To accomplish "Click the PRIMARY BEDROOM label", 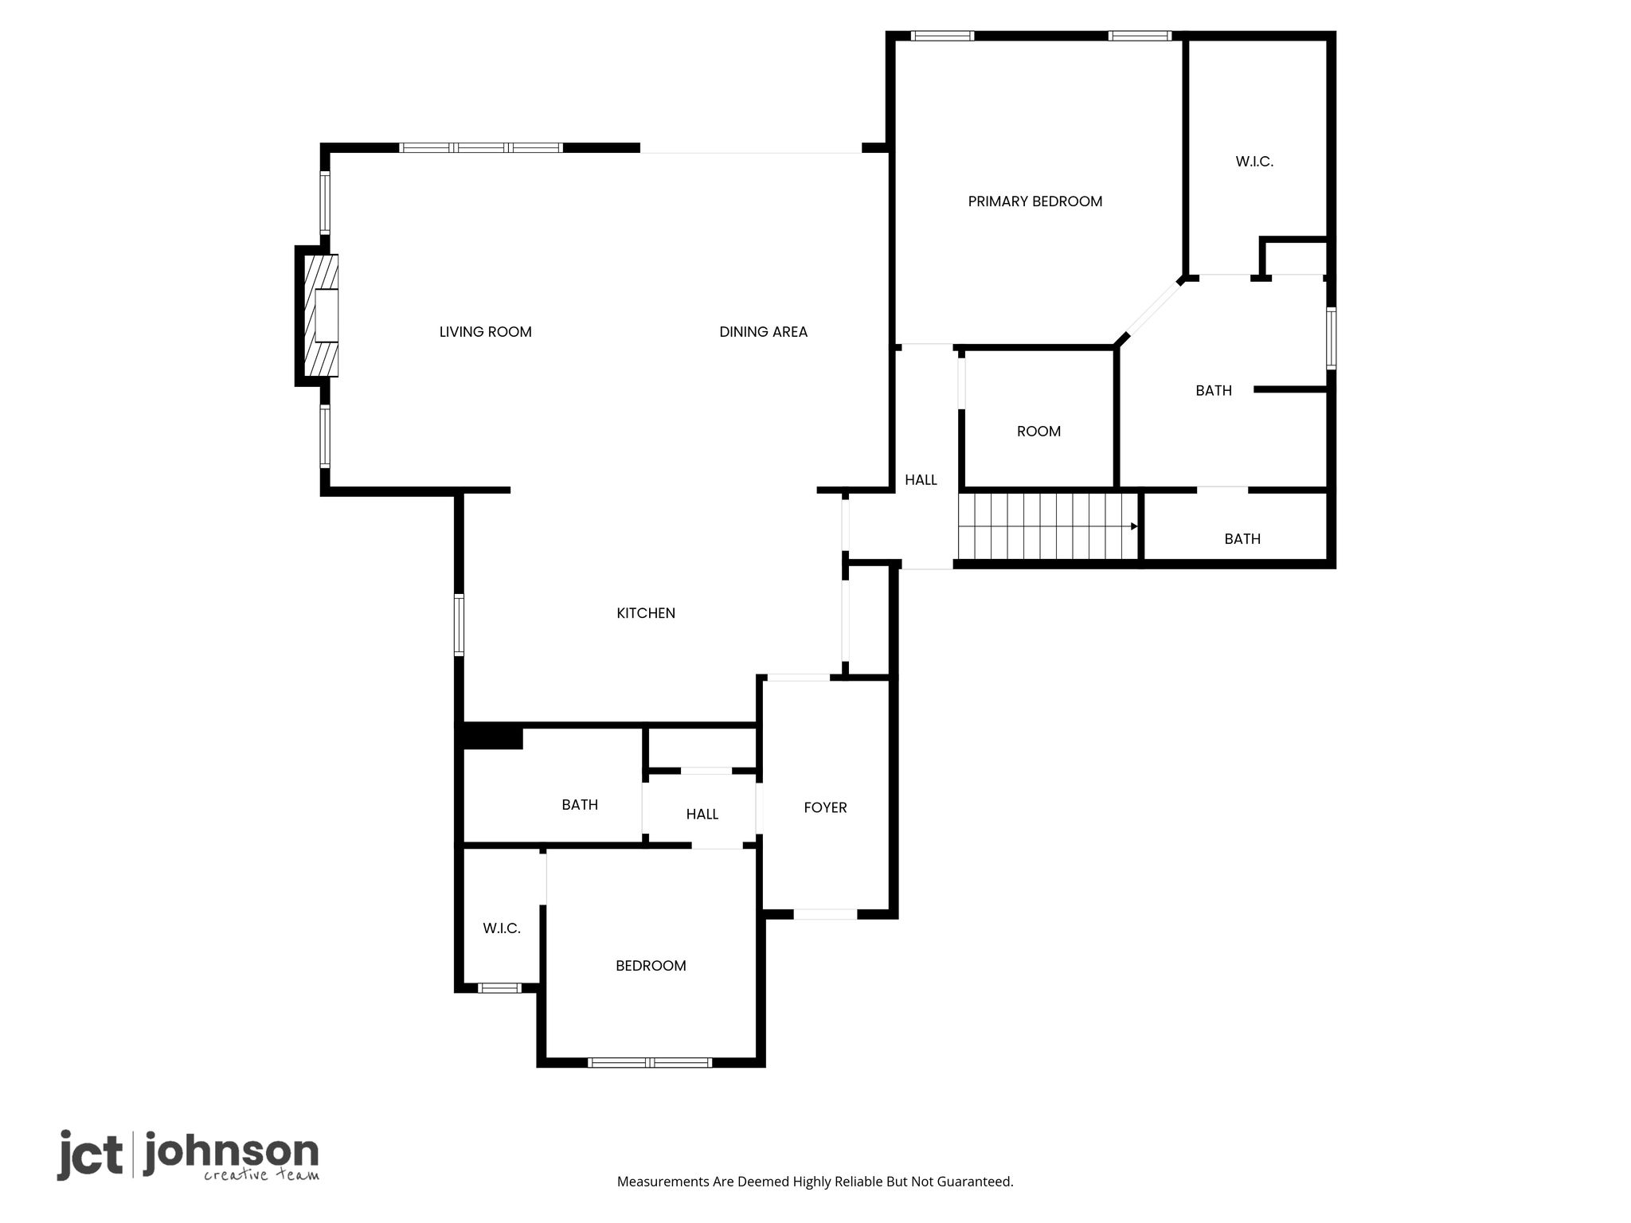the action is pos(1035,201).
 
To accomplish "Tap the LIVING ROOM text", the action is pos(485,332).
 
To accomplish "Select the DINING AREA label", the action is pos(763,332).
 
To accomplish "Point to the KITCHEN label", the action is pos(646,613).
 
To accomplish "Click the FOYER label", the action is pos(825,807).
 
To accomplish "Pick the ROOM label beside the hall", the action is pos(1038,432).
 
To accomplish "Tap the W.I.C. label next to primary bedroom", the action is pos(1254,162).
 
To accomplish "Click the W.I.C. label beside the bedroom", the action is pos(502,928).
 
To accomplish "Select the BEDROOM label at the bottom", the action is pos(651,966).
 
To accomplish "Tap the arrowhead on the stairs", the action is pos(1134,526).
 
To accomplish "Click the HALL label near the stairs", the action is pos(921,480).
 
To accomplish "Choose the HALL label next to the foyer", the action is pos(702,815).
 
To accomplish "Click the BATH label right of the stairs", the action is pos(1242,539).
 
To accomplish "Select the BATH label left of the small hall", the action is pos(580,805).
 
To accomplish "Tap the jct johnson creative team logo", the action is pos(188,1155).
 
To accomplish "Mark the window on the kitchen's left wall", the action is pos(459,625).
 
